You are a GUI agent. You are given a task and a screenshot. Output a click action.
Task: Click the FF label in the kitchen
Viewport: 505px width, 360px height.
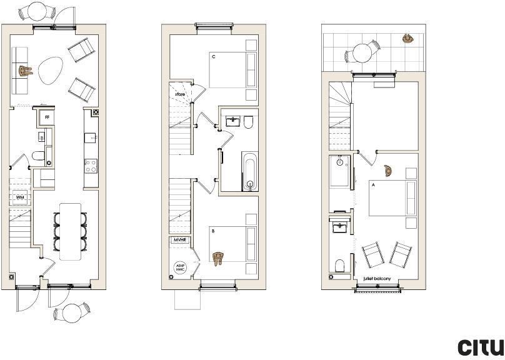click(x=47, y=116)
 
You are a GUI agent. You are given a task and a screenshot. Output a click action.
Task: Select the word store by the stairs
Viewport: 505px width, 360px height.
click(x=179, y=94)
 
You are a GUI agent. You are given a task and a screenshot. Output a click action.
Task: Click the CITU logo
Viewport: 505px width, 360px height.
click(x=481, y=347)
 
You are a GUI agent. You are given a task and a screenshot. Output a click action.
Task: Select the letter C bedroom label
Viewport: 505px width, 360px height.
click(x=214, y=57)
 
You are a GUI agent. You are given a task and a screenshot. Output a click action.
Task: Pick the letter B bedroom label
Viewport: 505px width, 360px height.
click(x=214, y=231)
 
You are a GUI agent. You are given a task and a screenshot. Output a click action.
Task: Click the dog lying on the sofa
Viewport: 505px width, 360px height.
click(x=26, y=71)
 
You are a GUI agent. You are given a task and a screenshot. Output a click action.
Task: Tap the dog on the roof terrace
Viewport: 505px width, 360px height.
click(x=408, y=39)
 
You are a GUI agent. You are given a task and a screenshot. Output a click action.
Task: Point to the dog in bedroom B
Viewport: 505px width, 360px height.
click(x=218, y=258)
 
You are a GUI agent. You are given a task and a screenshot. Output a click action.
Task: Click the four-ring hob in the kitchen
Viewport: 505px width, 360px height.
click(x=91, y=166)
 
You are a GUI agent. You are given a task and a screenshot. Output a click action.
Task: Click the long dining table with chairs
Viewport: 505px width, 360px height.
click(x=71, y=231)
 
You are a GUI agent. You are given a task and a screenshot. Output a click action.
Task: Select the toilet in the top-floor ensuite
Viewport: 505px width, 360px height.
click(x=341, y=266)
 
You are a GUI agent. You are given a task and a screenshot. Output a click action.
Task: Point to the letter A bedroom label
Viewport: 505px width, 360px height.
click(x=373, y=185)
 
